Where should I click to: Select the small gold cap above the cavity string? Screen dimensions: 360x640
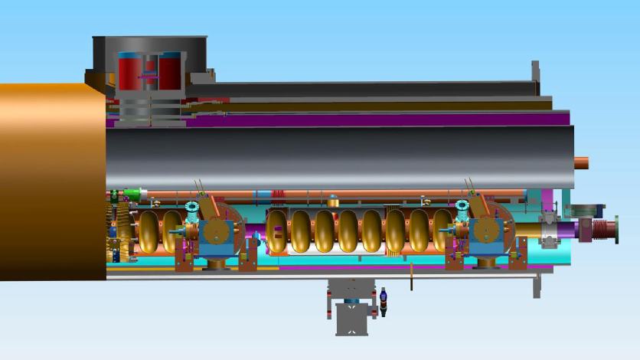click(333, 201)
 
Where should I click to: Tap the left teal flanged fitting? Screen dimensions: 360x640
click(192, 208)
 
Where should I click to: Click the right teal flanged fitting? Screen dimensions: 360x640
click(462, 208)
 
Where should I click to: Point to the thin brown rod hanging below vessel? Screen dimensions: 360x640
click(411, 277)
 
